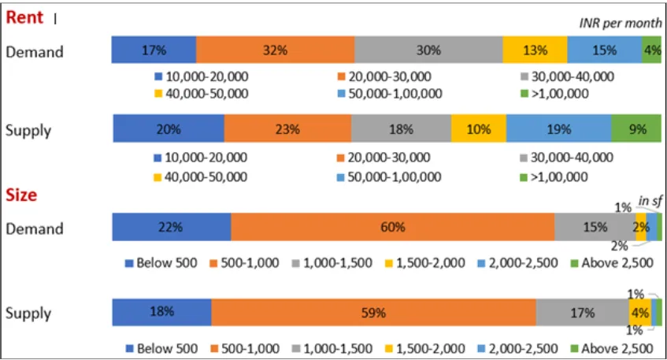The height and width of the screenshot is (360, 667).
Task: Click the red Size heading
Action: click(21, 195)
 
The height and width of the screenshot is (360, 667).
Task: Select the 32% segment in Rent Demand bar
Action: click(275, 50)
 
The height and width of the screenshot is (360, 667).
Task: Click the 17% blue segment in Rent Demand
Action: click(154, 50)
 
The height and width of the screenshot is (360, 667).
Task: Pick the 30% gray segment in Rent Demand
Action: click(428, 50)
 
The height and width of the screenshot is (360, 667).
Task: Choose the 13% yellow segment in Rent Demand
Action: click(535, 50)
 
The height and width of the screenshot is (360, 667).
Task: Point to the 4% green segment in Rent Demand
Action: click(652, 50)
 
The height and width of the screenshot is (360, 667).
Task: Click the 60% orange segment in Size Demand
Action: click(392, 227)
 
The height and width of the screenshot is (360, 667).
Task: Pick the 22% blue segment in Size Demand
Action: click(171, 227)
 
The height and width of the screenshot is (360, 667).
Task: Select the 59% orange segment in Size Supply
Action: click(373, 313)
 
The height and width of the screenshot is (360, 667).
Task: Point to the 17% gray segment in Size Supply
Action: click(582, 313)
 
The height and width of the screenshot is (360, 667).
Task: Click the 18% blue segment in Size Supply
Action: click(161, 313)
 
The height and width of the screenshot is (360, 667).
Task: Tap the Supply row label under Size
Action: click(28, 314)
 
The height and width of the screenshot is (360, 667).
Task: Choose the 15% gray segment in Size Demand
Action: click(594, 227)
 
